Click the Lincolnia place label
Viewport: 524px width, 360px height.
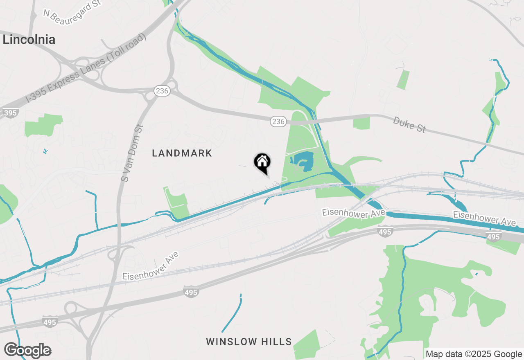click(x=29, y=40)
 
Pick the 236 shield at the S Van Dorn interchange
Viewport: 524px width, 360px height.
click(x=162, y=91)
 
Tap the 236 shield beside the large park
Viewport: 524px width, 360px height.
click(x=278, y=121)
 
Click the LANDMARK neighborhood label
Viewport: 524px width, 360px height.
click(x=182, y=153)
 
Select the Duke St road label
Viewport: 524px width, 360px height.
click(x=409, y=124)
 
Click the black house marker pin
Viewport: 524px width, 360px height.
click(x=262, y=162)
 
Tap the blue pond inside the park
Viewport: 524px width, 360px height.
click(x=305, y=160)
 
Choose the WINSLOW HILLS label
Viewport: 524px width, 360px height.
click(x=248, y=342)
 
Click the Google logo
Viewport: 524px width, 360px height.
click(x=27, y=351)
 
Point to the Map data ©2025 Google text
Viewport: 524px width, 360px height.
click(x=474, y=354)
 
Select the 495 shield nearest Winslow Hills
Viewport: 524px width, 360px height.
click(x=191, y=292)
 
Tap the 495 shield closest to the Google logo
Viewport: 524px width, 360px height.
click(x=50, y=322)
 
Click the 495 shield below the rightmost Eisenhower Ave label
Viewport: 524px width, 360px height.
click(x=494, y=237)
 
